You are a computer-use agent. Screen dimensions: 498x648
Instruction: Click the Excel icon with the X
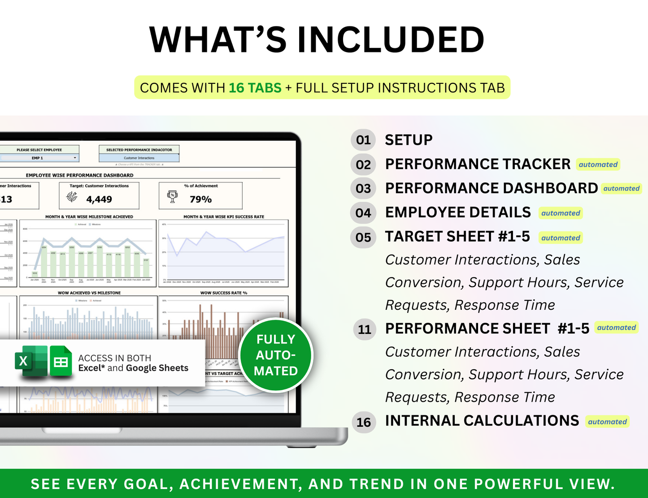[x=30, y=361]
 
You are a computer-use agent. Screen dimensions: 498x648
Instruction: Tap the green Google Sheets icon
[x=61, y=361]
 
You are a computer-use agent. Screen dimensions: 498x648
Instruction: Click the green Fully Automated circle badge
[x=276, y=355]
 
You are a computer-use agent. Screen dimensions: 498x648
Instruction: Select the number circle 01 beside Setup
[x=363, y=140]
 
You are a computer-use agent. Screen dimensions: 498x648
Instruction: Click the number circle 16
[x=363, y=422]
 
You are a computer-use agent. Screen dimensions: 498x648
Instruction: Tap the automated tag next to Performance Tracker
[x=598, y=165]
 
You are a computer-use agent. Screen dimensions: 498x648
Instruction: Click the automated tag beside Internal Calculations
[x=607, y=422]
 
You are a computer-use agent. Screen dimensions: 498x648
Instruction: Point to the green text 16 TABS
[x=255, y=88]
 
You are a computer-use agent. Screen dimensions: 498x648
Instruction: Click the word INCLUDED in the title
[x=391, y=40]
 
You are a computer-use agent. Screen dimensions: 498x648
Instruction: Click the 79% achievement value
[x=200, y=199]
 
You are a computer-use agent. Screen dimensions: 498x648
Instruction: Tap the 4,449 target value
[x=99, y=199]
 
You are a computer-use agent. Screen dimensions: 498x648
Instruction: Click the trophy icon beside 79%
[x=172, y=196]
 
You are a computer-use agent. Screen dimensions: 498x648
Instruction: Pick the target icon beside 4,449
[x=72, y=196]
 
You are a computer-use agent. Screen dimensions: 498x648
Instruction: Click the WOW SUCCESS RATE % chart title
[x=223, y=293]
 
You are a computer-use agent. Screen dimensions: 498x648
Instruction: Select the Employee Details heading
[x=458, y=212]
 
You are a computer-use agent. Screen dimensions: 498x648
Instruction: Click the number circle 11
[x=364, y=329]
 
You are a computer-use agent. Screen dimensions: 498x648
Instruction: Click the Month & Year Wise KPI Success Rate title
[x=223, y=217]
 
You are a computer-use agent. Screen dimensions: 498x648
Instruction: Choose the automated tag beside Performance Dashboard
[x=621, y=189]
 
